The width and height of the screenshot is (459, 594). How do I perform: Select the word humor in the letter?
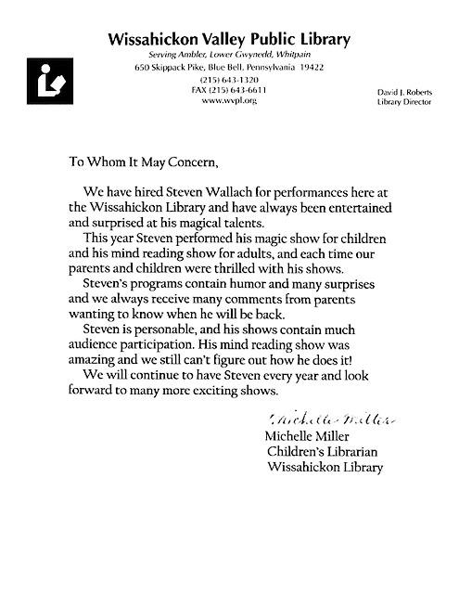[x=235, y=283]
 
